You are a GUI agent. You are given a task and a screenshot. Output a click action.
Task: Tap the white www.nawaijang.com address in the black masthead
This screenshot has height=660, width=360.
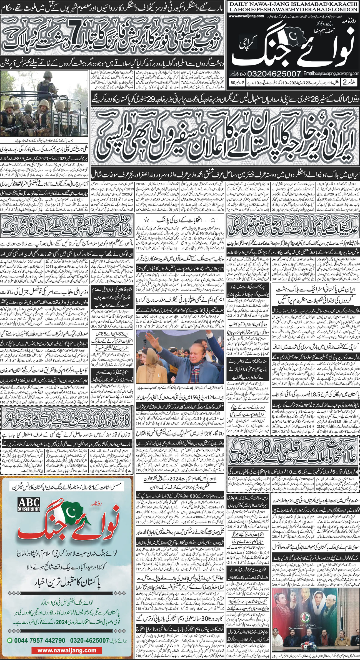tap(247, 16)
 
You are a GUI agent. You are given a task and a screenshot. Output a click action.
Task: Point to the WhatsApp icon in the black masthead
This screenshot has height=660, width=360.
tap(242, 74)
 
